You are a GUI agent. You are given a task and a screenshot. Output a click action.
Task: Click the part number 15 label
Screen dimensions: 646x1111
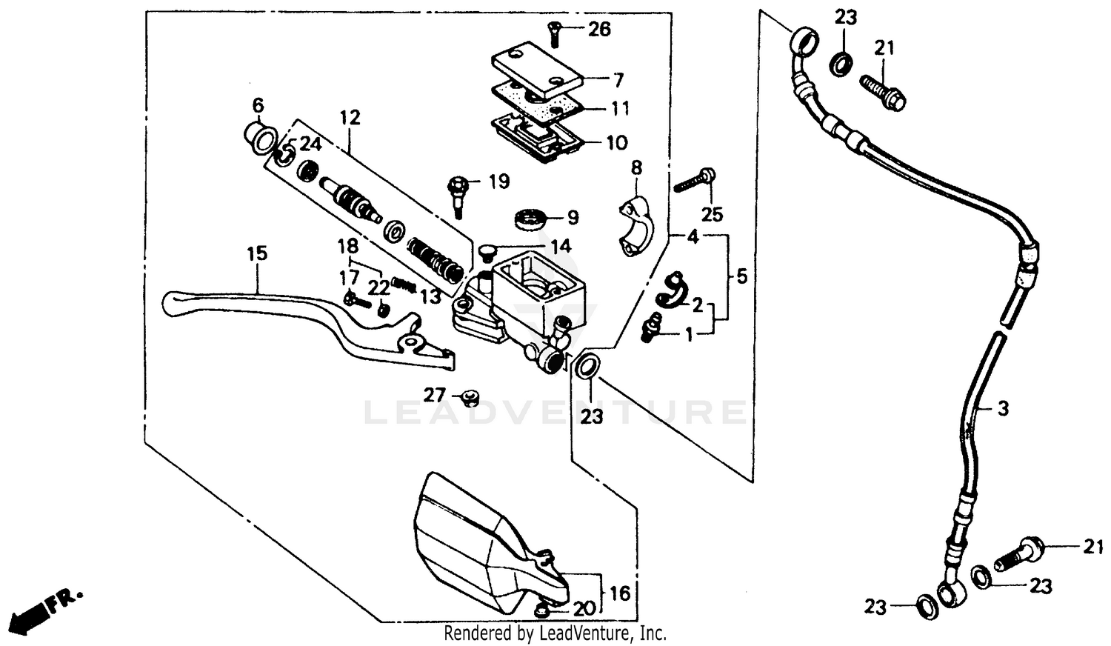click(257, 253)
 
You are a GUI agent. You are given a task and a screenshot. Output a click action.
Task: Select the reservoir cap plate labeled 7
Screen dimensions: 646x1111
click(537, 70)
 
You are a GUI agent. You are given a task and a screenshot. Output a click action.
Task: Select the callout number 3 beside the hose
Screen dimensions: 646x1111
click(1002, 408)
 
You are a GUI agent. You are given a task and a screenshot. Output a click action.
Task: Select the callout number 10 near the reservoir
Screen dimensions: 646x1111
click(616, 142)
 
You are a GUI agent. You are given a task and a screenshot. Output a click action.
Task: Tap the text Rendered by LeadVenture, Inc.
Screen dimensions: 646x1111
click(555, 633)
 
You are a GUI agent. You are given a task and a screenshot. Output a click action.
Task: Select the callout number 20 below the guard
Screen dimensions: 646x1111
click(584, 609)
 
